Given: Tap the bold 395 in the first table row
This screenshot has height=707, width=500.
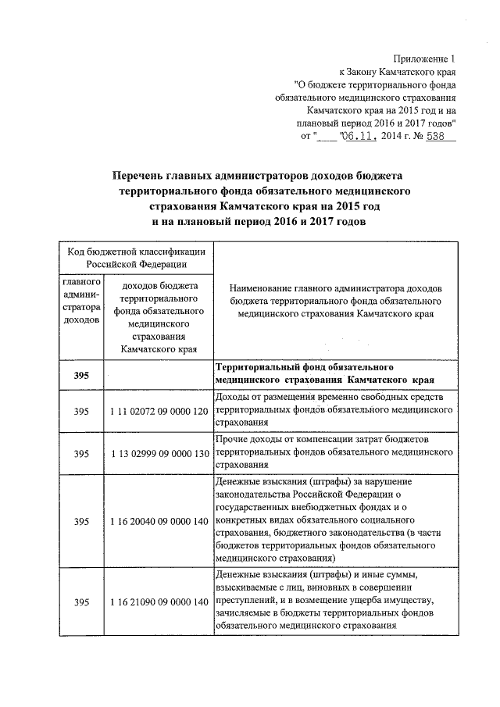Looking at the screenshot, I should click(x=81, y=376).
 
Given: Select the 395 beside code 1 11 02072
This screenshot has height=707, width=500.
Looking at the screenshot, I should click(x=81, y=411).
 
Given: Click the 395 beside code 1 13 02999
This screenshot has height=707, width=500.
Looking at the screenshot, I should click(x=81, y=453).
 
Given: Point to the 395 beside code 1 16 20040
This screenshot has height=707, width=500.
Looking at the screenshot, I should click(x=81, y=520).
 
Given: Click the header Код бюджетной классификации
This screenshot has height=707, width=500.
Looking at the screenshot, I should click(x=136, y=252).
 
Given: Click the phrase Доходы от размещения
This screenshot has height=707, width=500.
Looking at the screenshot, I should click(x=264, y=397).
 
